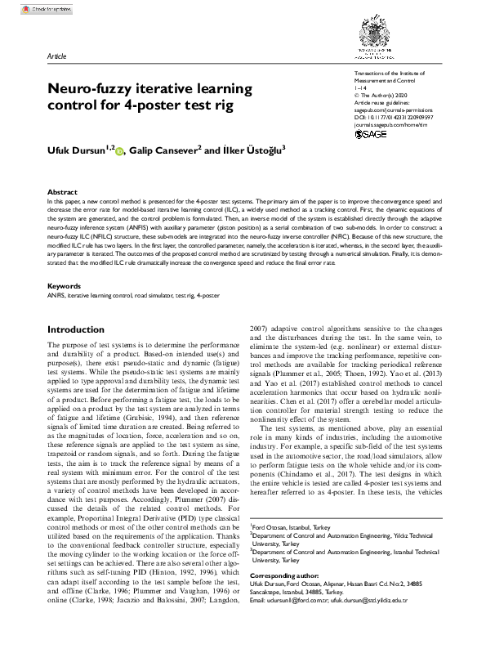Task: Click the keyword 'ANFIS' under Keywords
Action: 56,273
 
